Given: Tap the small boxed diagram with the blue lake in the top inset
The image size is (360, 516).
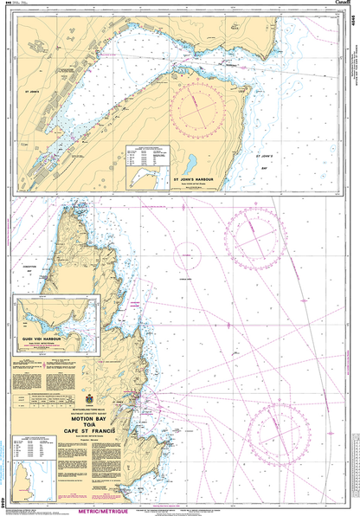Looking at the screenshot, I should pos(151,174).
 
